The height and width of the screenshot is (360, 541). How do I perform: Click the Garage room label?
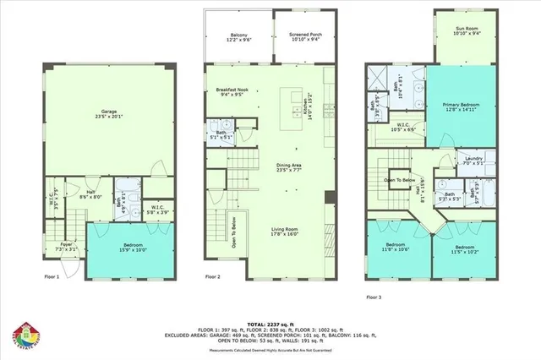[108, 114]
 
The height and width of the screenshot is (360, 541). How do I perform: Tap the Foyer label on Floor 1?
[65, 247]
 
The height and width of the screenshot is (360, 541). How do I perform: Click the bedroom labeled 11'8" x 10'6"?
[394, 248]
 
